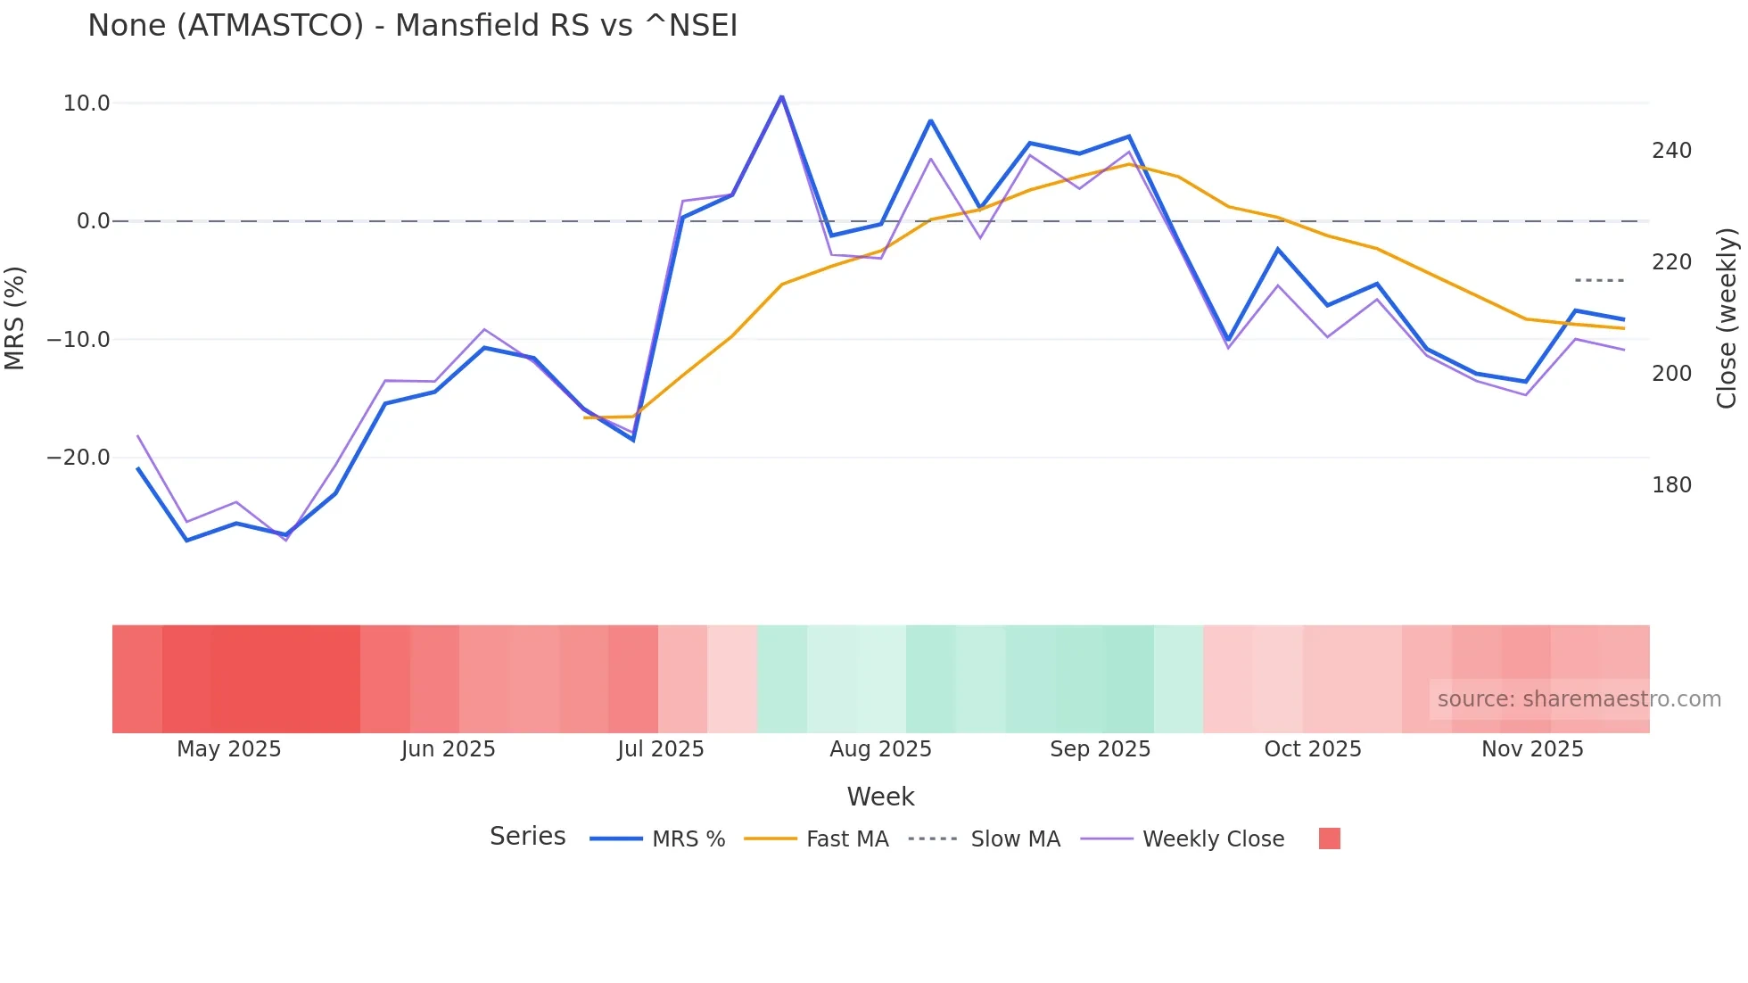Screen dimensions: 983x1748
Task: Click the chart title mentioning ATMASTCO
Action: tap(412, 26)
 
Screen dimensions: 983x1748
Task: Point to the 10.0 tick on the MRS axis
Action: tap(87, 103)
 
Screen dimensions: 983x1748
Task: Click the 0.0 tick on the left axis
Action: tap(93, 221)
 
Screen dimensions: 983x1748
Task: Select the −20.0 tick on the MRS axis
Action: tap(78, 458)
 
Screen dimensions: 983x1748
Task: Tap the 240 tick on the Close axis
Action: tap(1671, 151)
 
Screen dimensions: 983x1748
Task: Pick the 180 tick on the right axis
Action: tap(1671, 485)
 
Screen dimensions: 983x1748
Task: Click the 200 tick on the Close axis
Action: tap(1671, 374)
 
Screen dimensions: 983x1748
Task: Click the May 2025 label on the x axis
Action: tap(228, 749)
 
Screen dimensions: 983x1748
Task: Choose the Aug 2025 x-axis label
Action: tap(880, 749)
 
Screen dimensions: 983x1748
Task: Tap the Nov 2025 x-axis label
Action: tap(1532, 749)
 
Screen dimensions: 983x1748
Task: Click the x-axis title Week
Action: tap(880, 797)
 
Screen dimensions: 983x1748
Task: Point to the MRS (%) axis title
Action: tap(14, 318)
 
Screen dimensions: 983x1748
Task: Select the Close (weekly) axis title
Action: tap(1727, 318)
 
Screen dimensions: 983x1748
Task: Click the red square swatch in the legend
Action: tap(1329, 838)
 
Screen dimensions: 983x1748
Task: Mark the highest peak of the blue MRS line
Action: tap(781, 96)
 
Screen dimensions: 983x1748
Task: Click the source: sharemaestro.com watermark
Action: tap(1579, 699)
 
